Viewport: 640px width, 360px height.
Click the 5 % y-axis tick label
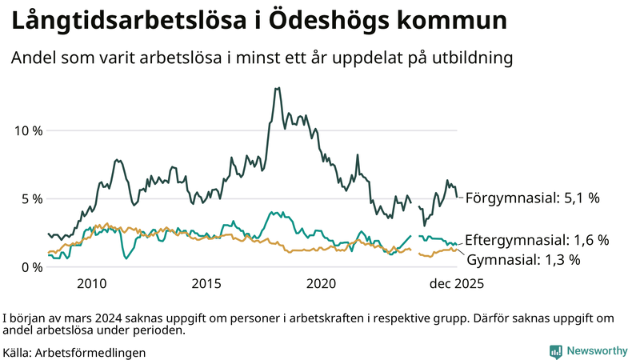point(31,198)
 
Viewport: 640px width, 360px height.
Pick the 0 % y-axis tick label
point(31,267)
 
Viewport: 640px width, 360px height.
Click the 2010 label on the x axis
point(91,284)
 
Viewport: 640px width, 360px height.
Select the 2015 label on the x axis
point(206,284)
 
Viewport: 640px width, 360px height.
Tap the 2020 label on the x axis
point(322,284)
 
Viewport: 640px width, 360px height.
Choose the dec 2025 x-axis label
point(457,284)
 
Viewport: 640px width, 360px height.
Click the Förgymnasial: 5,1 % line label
point(532,197)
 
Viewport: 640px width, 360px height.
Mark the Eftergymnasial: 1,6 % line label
point(537,240)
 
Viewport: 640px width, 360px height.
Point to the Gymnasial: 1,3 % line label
point(523,260)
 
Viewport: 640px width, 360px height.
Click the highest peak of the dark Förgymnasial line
point(278,88)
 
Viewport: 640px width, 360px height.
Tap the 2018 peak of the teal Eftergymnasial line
point(274,212)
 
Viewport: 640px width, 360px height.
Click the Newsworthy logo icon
point(555,351)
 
